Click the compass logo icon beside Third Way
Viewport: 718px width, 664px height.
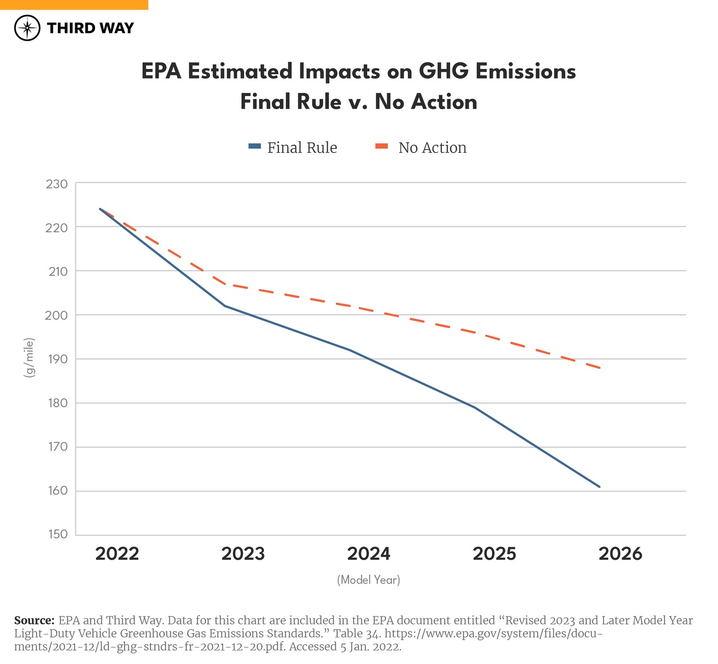(x=27, y=28)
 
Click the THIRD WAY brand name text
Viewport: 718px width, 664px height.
(x=90, y=28)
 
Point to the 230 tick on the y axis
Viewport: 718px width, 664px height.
(x=57, y=184)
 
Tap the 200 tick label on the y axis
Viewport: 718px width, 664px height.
(x=57, y=316)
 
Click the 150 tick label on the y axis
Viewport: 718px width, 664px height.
(x=57, y=534)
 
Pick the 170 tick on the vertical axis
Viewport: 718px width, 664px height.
(x=57, y=447)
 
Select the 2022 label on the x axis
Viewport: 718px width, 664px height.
(x=117, y=554)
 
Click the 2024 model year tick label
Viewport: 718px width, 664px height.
(x=369, y=554)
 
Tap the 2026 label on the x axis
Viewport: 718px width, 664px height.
(x=620, y=554)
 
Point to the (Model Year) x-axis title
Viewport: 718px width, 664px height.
(x=369, y=580)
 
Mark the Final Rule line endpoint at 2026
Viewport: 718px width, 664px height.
(x=600, y=486)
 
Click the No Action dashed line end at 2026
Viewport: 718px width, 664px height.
(x=600, y=368)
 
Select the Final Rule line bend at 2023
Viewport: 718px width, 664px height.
(x=225, y=306)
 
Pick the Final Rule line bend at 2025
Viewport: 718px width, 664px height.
(x=474, y=407)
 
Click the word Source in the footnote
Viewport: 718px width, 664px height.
(x=34, y=620)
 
